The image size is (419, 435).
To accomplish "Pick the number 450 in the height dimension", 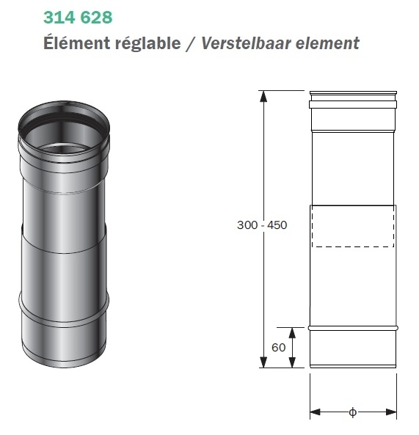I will click(x=277, y=225).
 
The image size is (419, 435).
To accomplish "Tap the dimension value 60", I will click(x=277, y=348).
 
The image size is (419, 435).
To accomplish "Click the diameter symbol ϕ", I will click(x=352, y=412).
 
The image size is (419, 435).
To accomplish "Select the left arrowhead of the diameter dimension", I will click(x=314, y=412).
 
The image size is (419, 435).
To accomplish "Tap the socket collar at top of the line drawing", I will click(x=354, y=100).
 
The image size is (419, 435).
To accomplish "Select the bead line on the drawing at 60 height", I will click(x=354, y=327).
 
